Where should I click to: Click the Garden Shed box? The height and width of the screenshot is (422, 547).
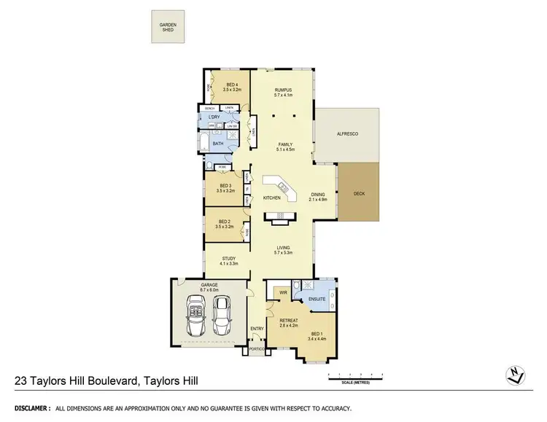(x=168, y=28)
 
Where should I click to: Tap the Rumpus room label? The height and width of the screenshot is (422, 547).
(x=282, y=92)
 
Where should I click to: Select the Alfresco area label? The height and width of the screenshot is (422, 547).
(x=346, y=134)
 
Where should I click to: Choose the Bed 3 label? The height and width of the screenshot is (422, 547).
(x=225, y=187)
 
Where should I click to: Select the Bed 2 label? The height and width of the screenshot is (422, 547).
(x=225, y=224)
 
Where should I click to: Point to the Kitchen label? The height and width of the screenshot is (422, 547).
(x=272, y=198)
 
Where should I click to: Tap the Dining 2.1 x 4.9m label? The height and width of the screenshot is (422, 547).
(x=318, y=196)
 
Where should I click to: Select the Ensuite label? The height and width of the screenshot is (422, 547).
(x=316, y=299)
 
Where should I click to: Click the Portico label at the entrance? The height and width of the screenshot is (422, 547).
(x=256, y=348)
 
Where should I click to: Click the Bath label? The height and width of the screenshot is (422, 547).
(x=218, y=144)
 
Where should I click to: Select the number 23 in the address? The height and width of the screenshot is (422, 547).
(x=23, y=380)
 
